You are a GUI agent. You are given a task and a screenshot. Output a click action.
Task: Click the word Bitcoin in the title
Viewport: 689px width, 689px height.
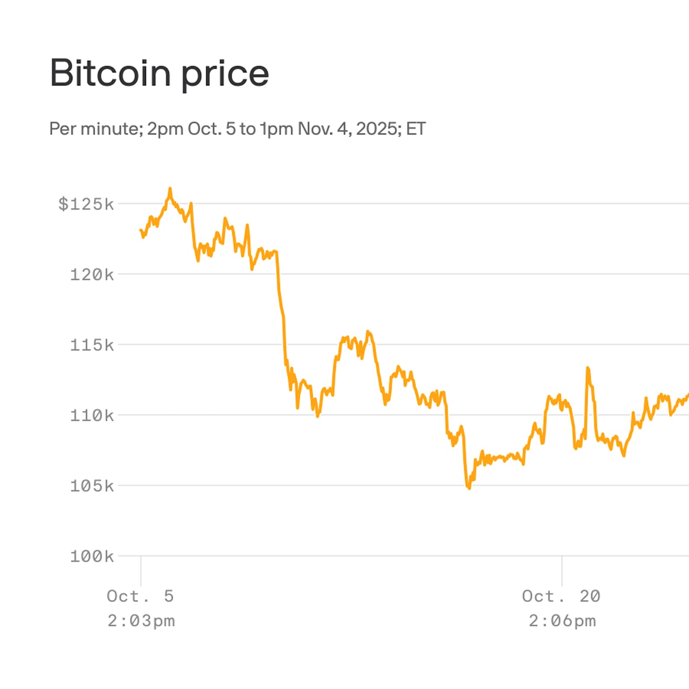click(110, 73)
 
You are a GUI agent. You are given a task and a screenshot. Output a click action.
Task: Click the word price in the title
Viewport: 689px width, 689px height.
click(225, 74)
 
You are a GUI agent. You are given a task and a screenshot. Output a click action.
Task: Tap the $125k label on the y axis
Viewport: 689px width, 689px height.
click(86, 204)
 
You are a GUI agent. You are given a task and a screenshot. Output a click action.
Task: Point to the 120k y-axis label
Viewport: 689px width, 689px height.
click(92, 275)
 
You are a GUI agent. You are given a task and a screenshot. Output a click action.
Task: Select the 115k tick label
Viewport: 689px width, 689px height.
click(92, 345)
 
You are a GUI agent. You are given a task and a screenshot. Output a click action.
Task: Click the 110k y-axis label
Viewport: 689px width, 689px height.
click(92, 415)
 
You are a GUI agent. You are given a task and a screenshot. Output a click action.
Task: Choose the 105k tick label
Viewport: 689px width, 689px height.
click(92, 486)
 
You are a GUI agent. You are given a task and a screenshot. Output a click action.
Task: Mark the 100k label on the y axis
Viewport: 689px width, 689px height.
click(92, 557)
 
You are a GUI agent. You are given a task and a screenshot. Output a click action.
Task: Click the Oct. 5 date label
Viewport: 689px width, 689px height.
click(140, 596)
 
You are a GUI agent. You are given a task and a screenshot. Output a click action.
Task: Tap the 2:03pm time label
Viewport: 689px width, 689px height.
click(141, 621)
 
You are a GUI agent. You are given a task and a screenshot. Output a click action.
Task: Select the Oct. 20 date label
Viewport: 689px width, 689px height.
click(561, 596)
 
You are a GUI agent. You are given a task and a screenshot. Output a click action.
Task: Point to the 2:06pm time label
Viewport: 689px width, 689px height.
click(562, 621)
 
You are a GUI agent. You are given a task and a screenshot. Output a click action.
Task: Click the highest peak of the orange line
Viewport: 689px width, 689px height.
click(170, 189)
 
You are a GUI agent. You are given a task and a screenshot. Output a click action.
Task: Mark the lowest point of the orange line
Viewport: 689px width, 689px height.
click(469, 488)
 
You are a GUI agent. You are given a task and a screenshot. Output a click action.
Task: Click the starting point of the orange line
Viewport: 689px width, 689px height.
click(141, 230)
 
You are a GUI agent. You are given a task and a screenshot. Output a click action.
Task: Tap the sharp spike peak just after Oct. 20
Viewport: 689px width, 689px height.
click(588, 368)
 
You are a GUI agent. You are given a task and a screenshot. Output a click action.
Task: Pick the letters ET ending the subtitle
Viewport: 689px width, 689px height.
click(415, 129)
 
